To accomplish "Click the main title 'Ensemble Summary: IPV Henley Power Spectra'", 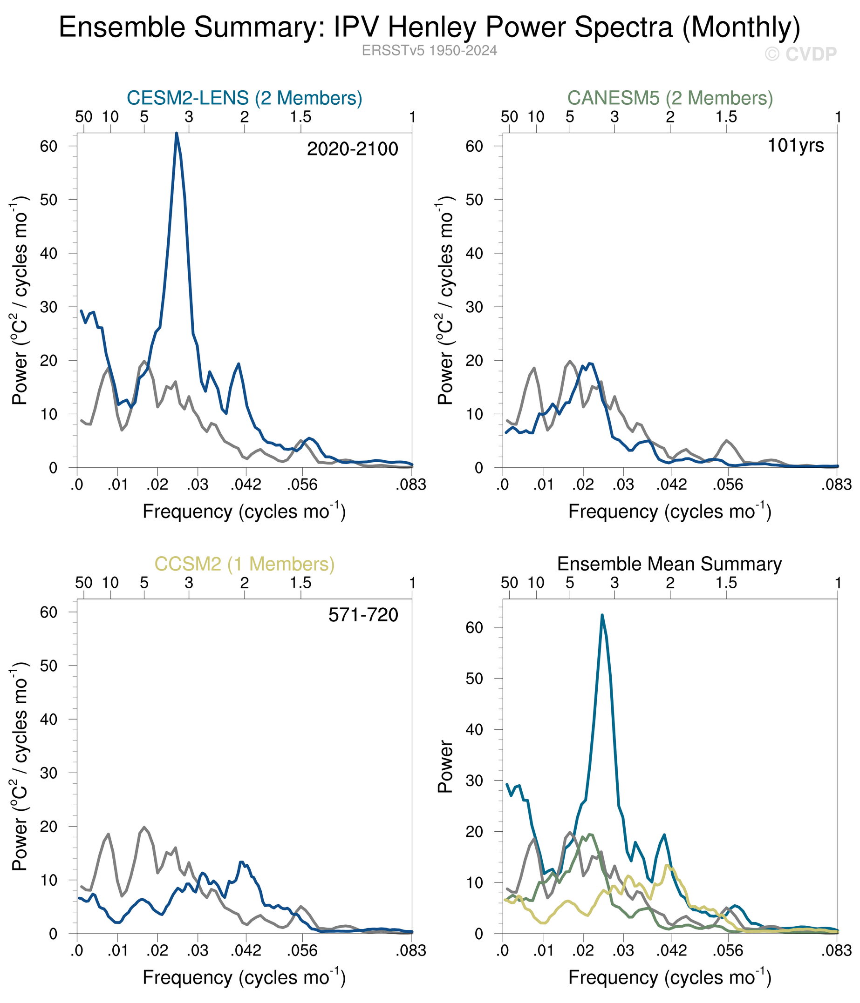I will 429,27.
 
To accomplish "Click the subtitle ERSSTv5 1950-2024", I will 429,51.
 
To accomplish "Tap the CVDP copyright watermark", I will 800,54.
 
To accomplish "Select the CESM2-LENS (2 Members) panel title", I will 244,98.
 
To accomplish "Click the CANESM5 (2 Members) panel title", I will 669,98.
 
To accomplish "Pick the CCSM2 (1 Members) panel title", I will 244,565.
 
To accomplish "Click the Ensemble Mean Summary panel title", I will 669,565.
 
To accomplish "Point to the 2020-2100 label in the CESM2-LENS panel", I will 352,149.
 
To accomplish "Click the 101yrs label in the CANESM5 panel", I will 795,145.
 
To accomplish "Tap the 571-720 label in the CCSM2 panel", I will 363,615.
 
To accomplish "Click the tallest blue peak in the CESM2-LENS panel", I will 177,133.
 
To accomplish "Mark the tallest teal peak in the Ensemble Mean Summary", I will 602,615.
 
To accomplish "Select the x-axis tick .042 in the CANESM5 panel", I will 671,485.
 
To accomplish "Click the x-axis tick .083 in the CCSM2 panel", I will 411,950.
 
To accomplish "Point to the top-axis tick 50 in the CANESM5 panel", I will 509,117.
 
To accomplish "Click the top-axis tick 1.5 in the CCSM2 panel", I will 301,583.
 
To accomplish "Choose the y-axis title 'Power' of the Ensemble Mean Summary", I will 445,766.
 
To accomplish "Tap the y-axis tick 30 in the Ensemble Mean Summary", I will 474,781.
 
